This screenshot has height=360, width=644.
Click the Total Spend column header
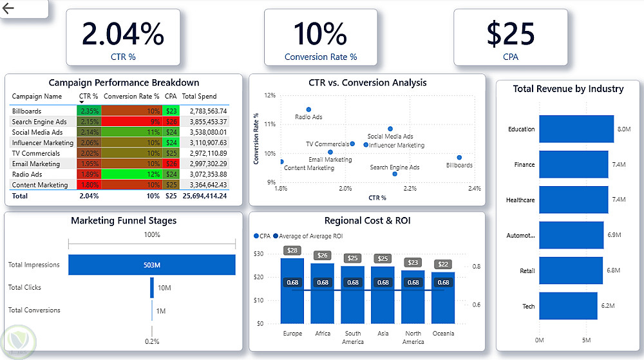coord(199,97)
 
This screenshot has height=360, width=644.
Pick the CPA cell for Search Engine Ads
coord(171,122)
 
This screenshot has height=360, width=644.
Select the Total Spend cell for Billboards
coord(204,111)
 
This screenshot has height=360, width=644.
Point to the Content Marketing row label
coord(40,185)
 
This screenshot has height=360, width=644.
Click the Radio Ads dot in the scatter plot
coord(308,109)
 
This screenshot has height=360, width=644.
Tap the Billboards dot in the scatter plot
coord(459,157)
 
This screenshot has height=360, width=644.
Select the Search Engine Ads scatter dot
coord(395,174)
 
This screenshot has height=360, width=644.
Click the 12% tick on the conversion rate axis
coord(270,95)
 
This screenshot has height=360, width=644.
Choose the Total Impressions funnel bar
coord(152,264)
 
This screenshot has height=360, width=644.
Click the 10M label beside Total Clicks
coord(164,288)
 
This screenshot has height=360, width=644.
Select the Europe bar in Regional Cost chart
coord(292,290)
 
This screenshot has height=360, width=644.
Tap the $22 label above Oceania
coord(443,265)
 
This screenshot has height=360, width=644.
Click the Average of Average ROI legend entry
coord(301,236)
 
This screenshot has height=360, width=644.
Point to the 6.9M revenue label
coord(614,235)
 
